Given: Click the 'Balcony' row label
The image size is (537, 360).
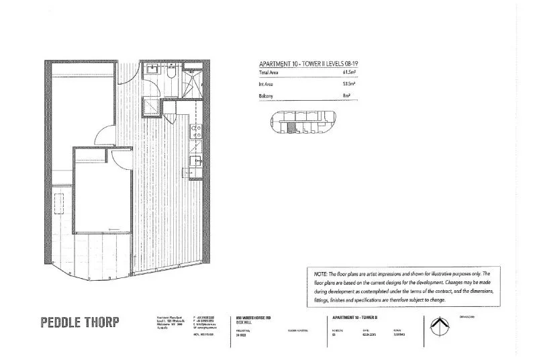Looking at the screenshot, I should tap(265, 97).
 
